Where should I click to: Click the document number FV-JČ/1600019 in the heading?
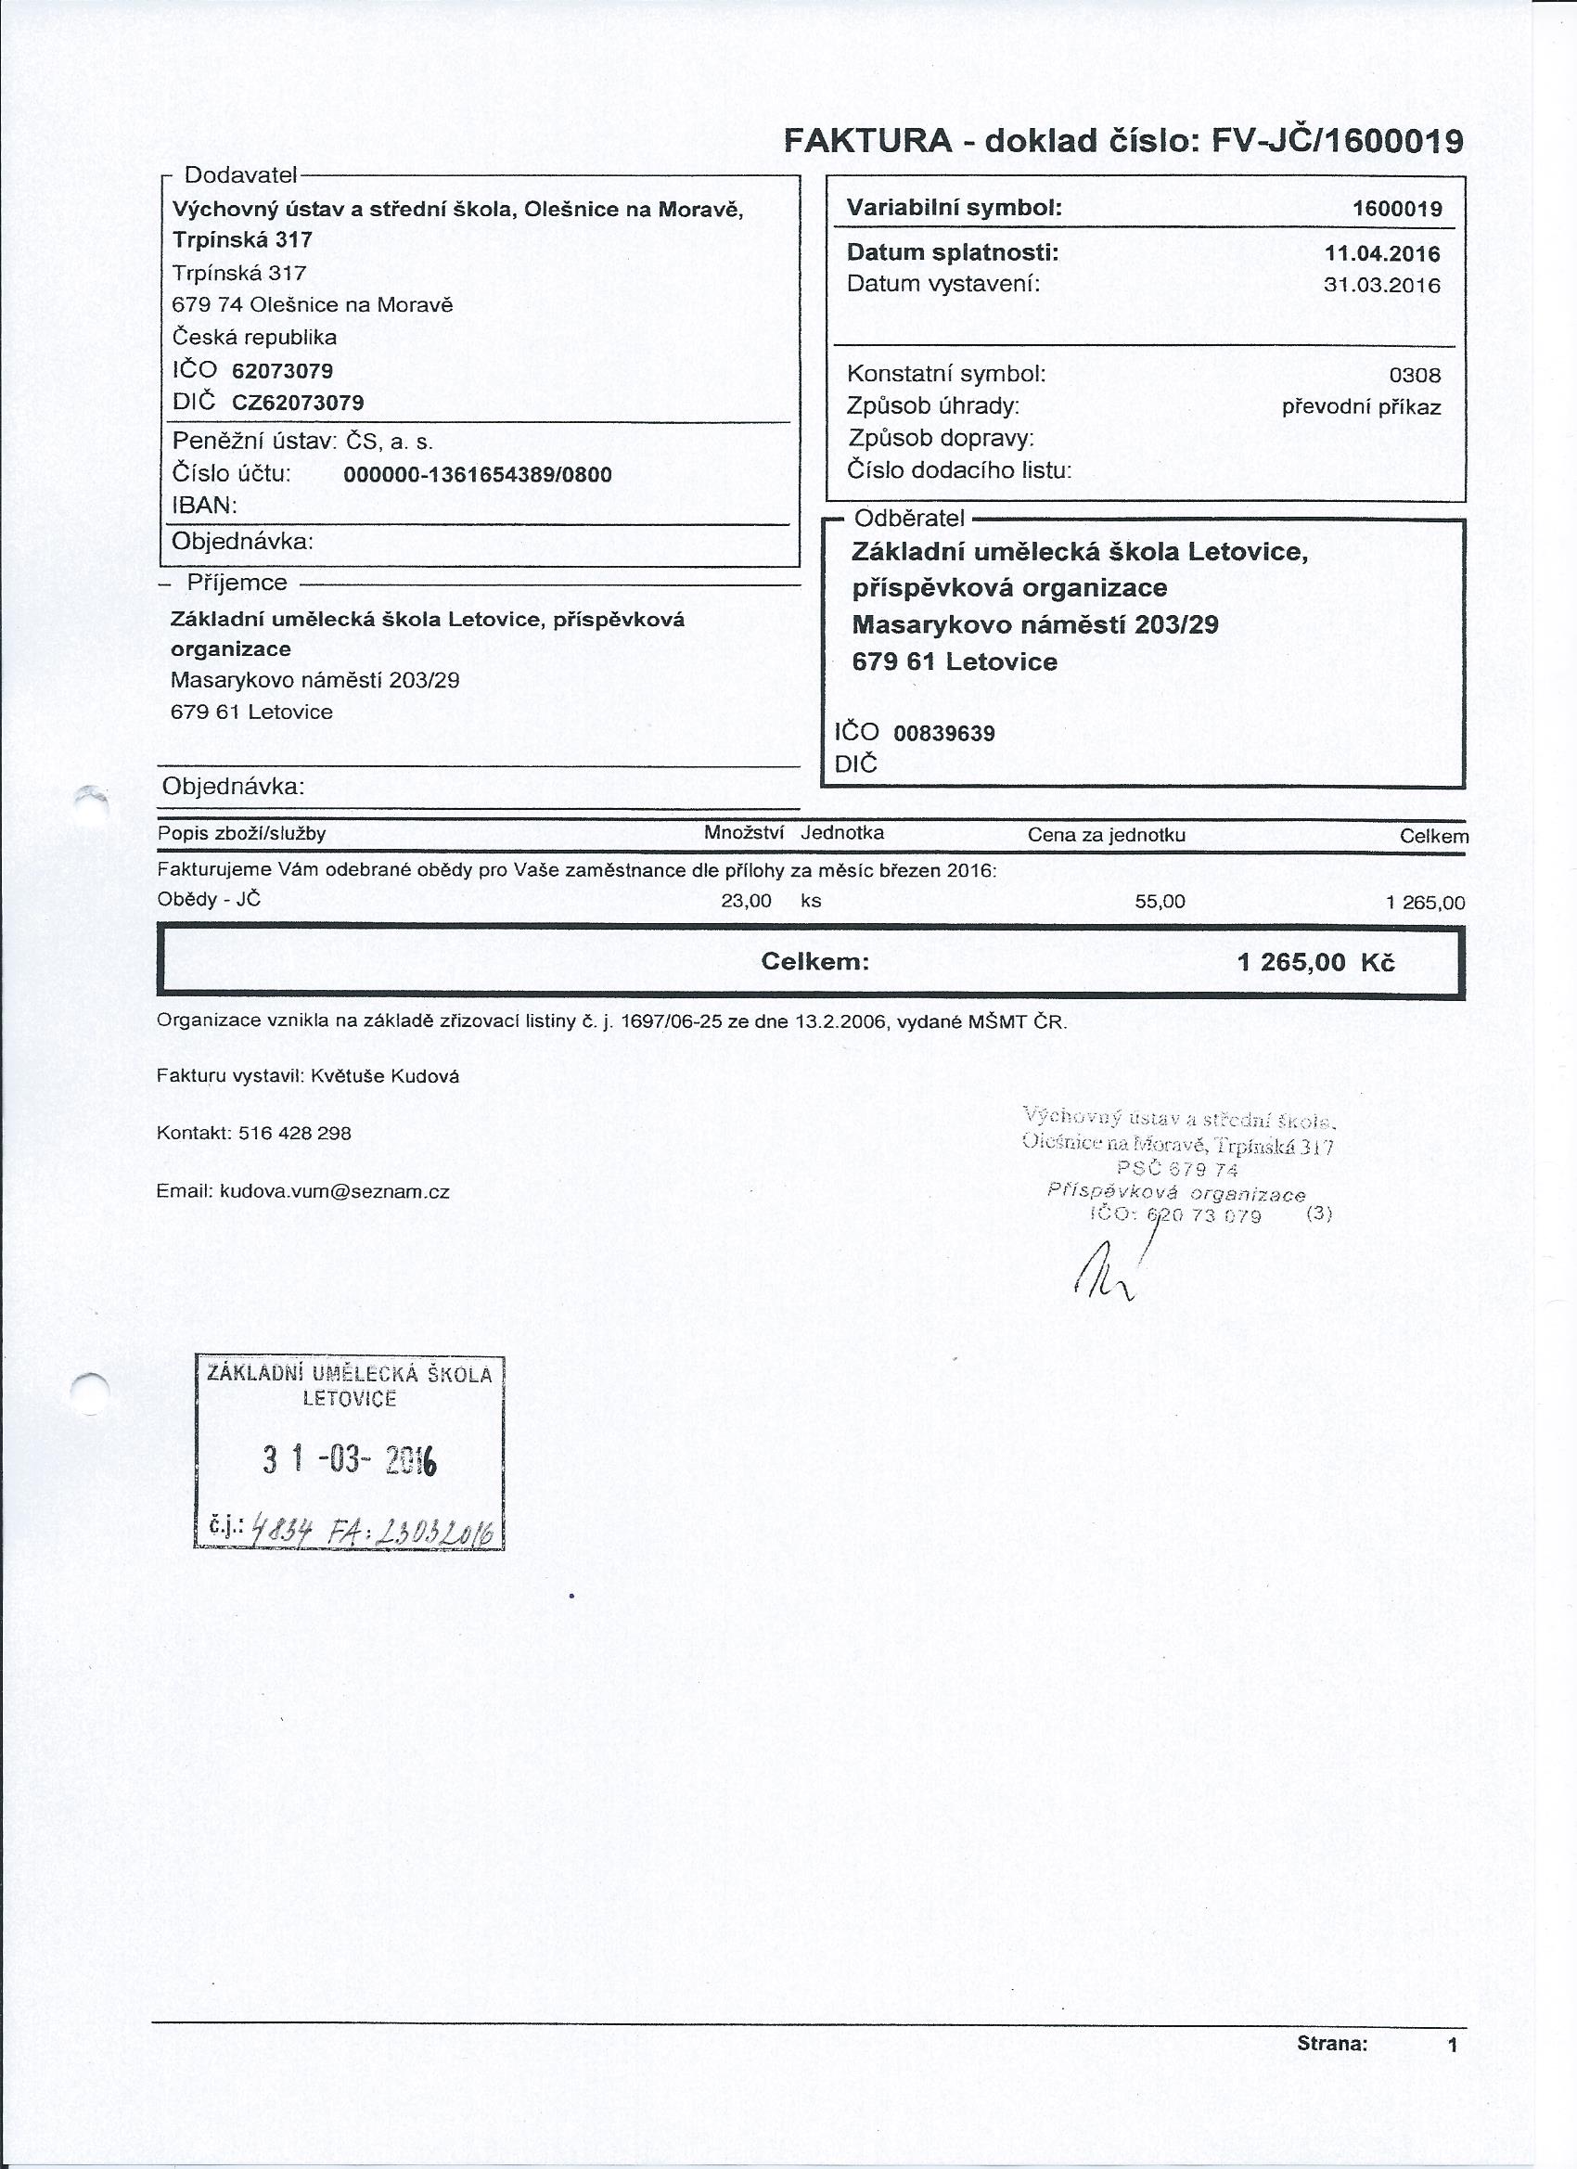coord(1337,142)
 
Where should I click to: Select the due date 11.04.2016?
coord(1382,253)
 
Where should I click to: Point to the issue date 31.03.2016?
coord(1382,285)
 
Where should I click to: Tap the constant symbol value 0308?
coord(1415,376)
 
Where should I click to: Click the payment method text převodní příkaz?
coord(1361,407)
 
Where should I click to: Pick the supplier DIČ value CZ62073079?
coord(298,403)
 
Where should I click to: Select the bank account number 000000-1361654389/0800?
coord(477,474)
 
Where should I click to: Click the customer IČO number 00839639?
coord(944,734)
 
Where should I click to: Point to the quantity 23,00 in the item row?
coord(746,901)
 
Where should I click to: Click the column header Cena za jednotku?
coord(1107,835)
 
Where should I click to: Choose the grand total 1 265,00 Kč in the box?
coord(1315,962)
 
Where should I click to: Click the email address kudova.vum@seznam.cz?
coord(335,1191)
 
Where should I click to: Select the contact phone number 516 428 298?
coord(295,1134)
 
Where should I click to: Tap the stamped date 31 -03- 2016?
coord(349,1460)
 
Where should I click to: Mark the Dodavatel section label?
coord(240,175)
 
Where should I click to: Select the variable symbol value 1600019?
coord(1397,209)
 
